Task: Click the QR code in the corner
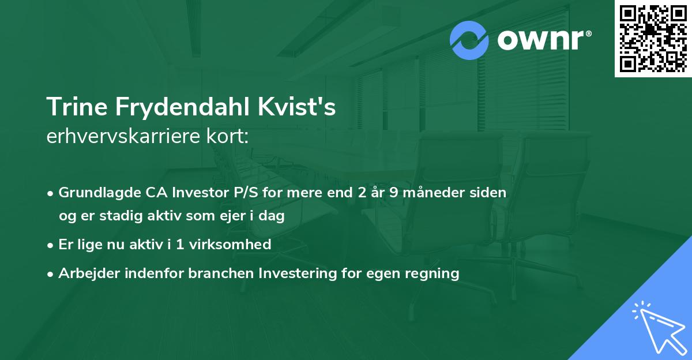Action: click(653, 38)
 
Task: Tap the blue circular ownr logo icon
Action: click(469, 40)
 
